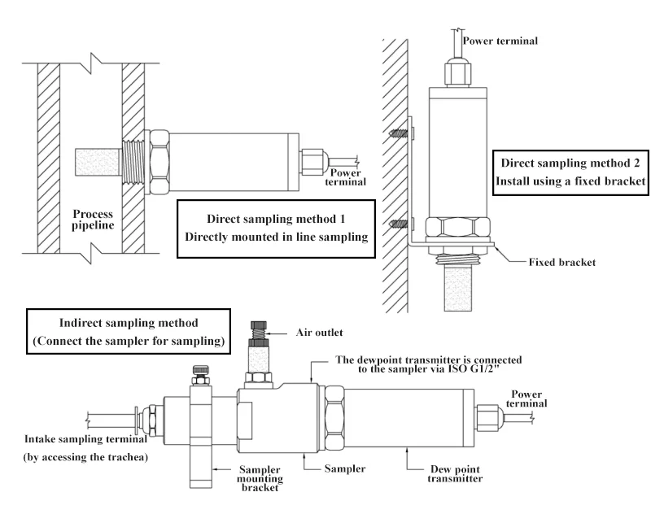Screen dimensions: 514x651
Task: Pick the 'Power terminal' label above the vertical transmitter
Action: pyautogui.click(x=500, y=40)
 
